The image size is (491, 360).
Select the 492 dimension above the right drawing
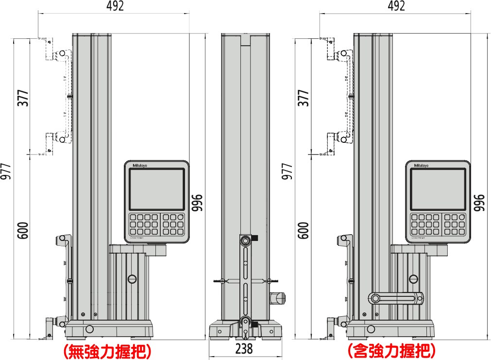396,6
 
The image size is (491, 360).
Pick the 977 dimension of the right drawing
288,171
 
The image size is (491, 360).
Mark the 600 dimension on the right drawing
303,230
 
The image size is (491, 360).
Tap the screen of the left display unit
156,189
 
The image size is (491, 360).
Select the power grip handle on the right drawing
396,297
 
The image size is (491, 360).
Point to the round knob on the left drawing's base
89,328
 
